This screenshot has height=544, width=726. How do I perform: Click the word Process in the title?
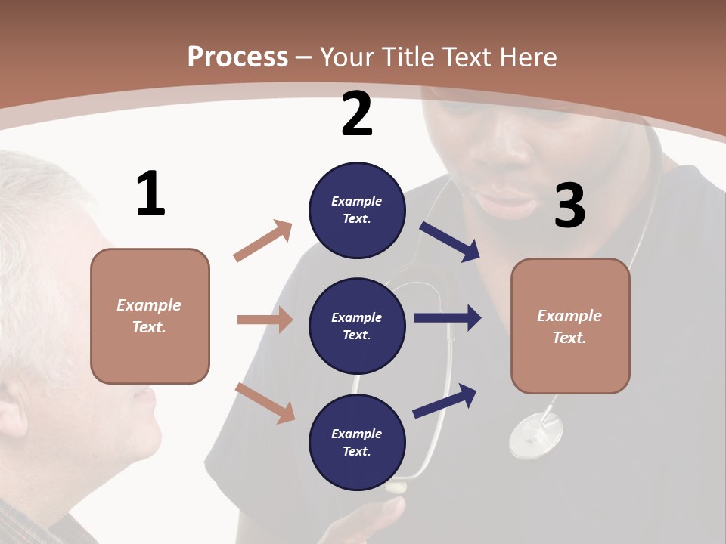click(237, 57)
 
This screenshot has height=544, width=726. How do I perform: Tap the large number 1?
click(150, 194)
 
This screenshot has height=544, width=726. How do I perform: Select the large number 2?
click(357, 115)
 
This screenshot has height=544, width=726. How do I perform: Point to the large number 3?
click(569, 206)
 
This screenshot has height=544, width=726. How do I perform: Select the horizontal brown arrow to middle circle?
click(265, 320)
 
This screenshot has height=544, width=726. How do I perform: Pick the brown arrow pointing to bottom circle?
click(265, 402)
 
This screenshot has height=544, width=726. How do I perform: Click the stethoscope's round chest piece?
click(536, 436)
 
